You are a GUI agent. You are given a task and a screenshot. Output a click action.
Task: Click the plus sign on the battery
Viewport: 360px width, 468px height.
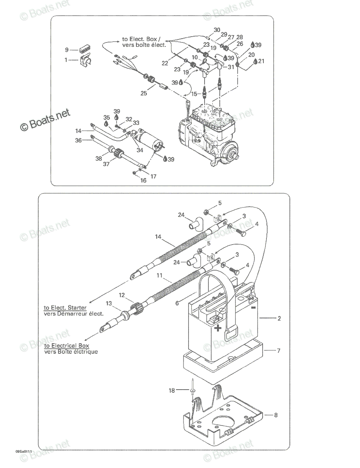point(218,328)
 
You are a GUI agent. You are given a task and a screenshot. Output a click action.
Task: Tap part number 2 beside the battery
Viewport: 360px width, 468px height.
point(279,318)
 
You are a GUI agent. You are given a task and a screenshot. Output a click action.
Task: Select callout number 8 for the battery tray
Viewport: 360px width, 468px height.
point(276,415)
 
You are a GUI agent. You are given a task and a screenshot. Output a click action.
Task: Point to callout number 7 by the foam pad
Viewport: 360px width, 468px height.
point(279,351)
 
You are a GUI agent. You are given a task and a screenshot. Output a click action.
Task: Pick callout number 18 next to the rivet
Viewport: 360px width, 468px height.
point(171,390)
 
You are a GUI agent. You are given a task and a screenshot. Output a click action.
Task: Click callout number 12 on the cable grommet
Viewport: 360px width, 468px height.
point(122,295)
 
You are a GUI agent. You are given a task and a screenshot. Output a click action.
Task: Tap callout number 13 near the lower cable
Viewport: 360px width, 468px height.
point(109,303)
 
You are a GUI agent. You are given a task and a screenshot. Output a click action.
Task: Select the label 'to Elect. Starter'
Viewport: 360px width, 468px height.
point(65,308)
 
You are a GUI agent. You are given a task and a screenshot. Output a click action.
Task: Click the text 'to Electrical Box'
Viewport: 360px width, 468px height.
point(67,346)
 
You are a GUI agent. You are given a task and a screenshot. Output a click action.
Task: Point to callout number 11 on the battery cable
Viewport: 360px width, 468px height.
point(159,275)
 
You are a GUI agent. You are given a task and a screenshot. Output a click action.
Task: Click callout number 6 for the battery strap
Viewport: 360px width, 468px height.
point(177,303)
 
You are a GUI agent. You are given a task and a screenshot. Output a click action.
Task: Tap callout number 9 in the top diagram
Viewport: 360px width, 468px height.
point(67,50)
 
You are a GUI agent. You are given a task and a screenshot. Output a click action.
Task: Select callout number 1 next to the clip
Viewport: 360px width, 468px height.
point(66,60)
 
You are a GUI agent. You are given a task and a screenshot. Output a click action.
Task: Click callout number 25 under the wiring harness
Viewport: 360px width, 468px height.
point(144,93)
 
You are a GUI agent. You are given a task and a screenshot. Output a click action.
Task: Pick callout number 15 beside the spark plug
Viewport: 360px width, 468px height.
point(194,94)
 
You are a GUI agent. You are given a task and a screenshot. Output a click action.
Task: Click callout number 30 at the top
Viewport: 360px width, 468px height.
point(217,30)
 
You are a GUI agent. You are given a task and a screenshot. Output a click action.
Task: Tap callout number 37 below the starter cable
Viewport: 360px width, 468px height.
point(106,164)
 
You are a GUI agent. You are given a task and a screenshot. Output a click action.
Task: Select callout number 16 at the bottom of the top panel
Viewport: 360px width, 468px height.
point(143,181)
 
